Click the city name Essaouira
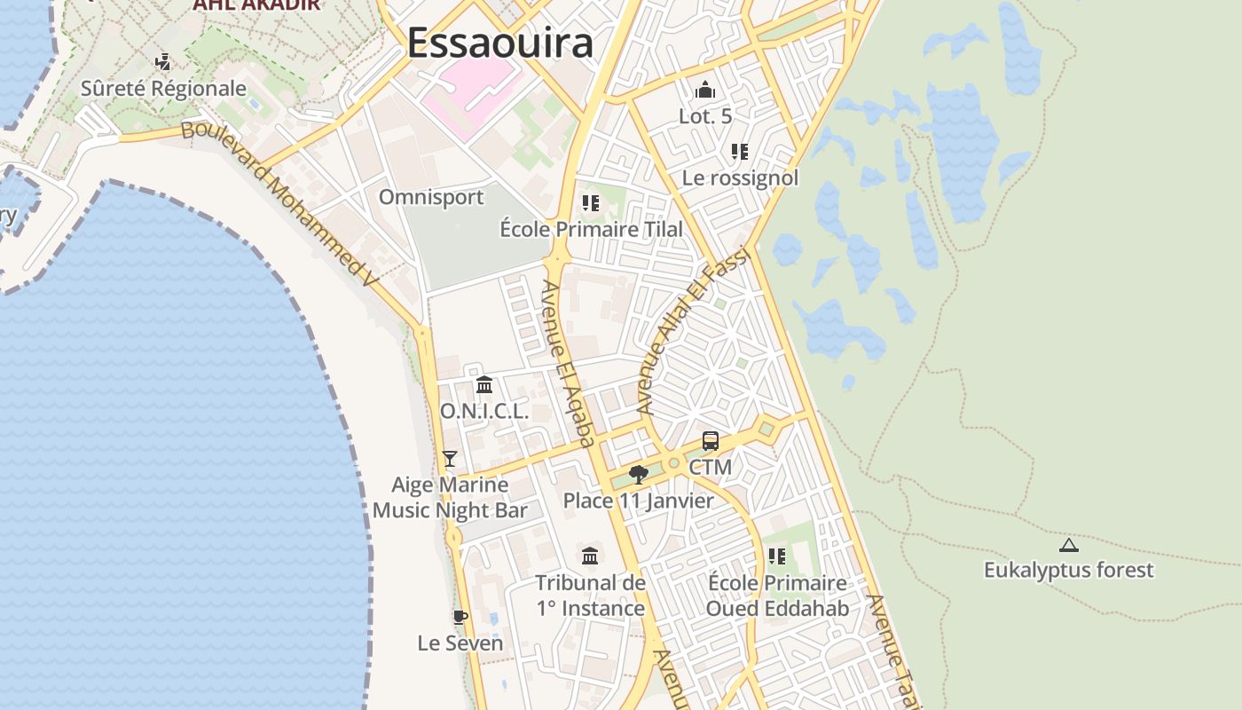pyautogui.click(x=499, y=43)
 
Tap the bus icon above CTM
pyautogui.click(x=711, y=441)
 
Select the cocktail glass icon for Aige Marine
pyautogui.click(x=450, y=459)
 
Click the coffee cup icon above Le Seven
pyautogui.click(x=460, y=617)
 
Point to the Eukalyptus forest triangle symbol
pyautogui.click(x=1068, y=545)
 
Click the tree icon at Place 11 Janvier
pyautogui.click(x=638, y=475)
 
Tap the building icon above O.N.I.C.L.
pyautogui.click(x=484, y=385)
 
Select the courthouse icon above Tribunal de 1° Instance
pyautogui.click(x=590, y=556)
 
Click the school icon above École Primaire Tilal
pyautogui.click(x=591, y=203)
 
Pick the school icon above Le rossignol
pyautogui.click(x=740, y=152)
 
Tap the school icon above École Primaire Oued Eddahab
pyautogui.click(x=777, y=556)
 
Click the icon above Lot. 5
pyautogui.click(x=705, y=90)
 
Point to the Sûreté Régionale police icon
pyautogui.click(x=162, y=62)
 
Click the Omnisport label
pyautogui.click(x=431, y=197)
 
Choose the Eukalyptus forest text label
pyautogui.click(x=1068, y=570)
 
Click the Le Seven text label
pyautogui.click(x=460, y=643)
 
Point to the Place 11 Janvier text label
pyautogui.click(x=638, y=501)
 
